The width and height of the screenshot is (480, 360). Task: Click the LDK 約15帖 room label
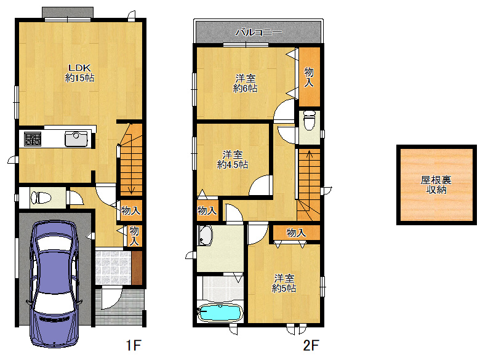pyautogui.click(x=79, y=73)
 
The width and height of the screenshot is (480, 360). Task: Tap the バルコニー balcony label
pyautogui.click(x=258, y=32)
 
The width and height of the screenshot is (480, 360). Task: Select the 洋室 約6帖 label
pyautogui.click(x=245, y=83)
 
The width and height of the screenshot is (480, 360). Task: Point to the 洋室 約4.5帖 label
pyautogui.click(x=233, y=159)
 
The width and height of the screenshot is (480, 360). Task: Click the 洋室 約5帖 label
pyautogui.click(x=284, y=283)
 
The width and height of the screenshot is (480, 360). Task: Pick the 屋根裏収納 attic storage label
pyautogui.click(x=436, y=185)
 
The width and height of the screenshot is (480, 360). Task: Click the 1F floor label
pyautogui.click(x=134, y=345)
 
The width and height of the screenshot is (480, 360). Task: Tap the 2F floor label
pyautogui.click(x=311, y=345)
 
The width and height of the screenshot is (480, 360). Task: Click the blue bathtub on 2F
pyautogui.click(x=220, y=313)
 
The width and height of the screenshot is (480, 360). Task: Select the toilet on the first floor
pyautogui.click(x=41, y=198)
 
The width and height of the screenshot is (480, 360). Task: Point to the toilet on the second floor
pyautogui.click(x=310, y=120)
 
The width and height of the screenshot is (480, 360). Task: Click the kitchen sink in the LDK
pyautogui.click(x=76, y=138)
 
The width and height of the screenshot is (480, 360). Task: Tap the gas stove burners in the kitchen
pyautogui.click(x=33, y=138)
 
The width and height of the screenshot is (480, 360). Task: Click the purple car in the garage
pyautogui.click(x=55, y=283)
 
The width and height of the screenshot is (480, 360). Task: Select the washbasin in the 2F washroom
pyautogui.click(x=205, y=236)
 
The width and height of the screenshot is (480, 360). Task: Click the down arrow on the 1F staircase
pyautogui.click(x=131, y=159)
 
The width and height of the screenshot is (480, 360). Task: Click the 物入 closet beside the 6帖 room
pyautogui.click(x=309, y=76)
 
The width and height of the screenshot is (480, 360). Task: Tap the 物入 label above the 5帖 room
pyautogui.click(x=296, y=233)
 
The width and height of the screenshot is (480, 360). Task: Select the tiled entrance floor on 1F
pyautogui.click(x=113, y=268)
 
